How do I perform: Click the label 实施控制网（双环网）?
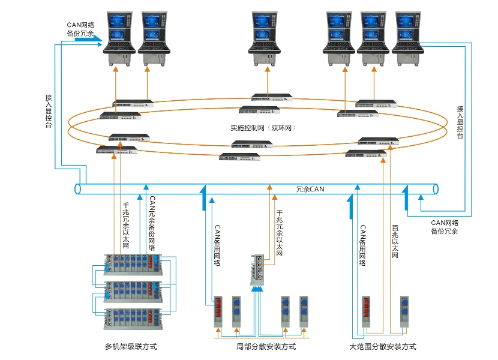click(x=264, y=128)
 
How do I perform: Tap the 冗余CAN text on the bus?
click(x=310, y=190)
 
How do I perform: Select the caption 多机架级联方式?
click(x=131, y=347)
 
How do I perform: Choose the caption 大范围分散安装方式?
click(x=383, y=347)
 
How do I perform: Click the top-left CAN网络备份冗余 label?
click(x=80, y=29)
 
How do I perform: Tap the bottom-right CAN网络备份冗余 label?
click(x=445, y=227)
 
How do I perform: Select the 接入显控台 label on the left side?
click(x=49, y=110)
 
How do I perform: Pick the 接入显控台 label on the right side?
click(x=460, y=122)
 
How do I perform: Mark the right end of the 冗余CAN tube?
click(x=436, y=190)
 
